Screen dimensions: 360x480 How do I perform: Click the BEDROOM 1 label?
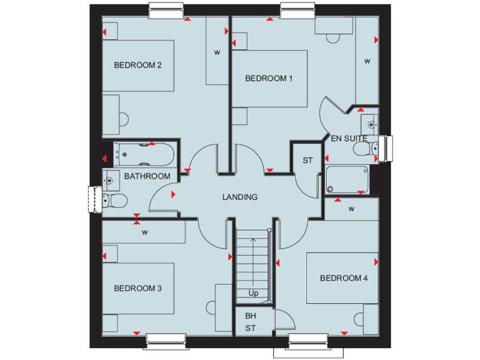coord(269,78)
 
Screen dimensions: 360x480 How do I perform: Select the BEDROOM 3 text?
coord(137,288)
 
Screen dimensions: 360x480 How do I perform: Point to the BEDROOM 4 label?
coord(344,278)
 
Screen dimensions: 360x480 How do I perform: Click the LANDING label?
coord(240,197)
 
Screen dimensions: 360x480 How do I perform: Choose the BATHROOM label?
coord(147,176)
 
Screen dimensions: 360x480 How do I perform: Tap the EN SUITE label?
coord(349,138)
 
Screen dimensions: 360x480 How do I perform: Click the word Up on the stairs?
coord(253,292)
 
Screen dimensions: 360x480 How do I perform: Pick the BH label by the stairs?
coord(251,316)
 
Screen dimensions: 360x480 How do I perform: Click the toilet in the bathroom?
coord(114,200)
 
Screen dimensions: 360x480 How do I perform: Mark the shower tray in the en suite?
coord(347,180)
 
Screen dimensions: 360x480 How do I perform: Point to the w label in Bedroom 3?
coord(144,232)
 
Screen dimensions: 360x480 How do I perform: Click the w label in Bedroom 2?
coord(217,52)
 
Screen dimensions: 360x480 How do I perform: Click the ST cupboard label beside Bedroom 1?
coord(307,161)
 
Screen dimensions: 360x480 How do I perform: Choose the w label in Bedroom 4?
coord(351,208)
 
